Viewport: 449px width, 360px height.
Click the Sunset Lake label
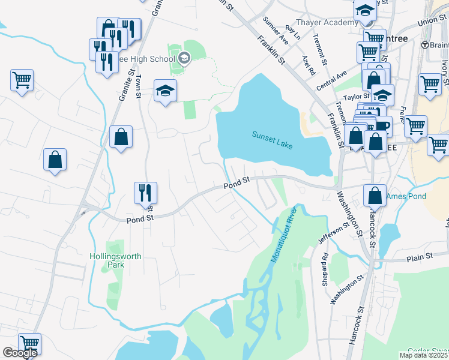click(x=272, y=140)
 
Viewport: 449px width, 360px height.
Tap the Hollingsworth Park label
click(x=124, y=260)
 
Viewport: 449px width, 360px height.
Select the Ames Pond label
click(x=406, y=196)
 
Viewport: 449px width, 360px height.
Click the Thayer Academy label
click(x=324, y=23)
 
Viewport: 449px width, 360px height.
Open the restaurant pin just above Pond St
click(x=145, y=193)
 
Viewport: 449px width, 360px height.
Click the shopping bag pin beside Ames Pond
click(x=375, y=195)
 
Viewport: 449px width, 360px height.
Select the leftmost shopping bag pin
click(x=55, y=160)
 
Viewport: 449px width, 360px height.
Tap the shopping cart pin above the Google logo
click(x=29, y=343)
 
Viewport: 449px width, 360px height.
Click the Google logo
click(x=19, y=353)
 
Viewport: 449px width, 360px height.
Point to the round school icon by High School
click(x=184, y=58)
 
